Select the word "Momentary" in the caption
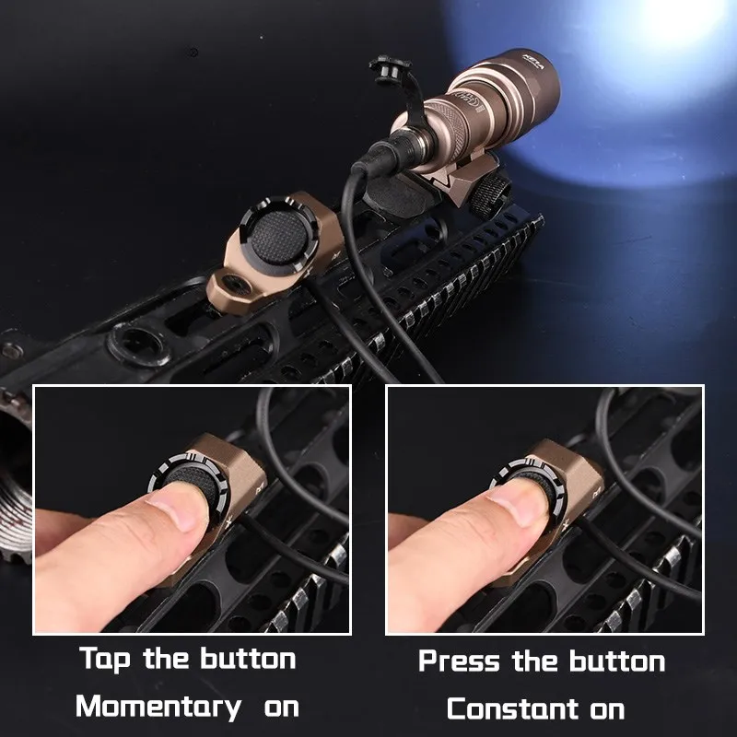click(158, 708)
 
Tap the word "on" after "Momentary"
click(282, 708)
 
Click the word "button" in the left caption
click(248, 660)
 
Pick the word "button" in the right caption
click(616, 661)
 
